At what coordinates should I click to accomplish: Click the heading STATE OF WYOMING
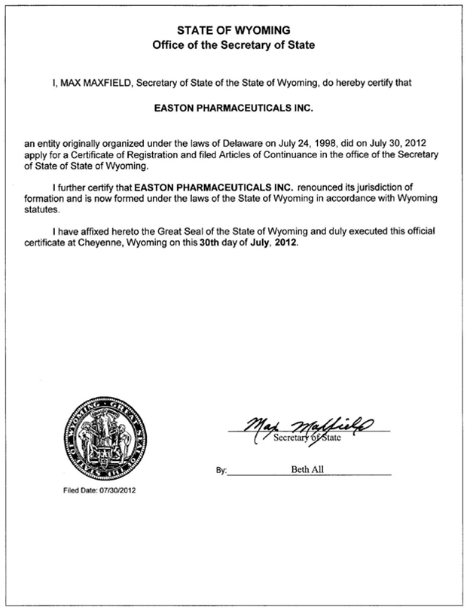pos(233,30)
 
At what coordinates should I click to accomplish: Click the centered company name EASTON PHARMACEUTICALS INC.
pos(233,108)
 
